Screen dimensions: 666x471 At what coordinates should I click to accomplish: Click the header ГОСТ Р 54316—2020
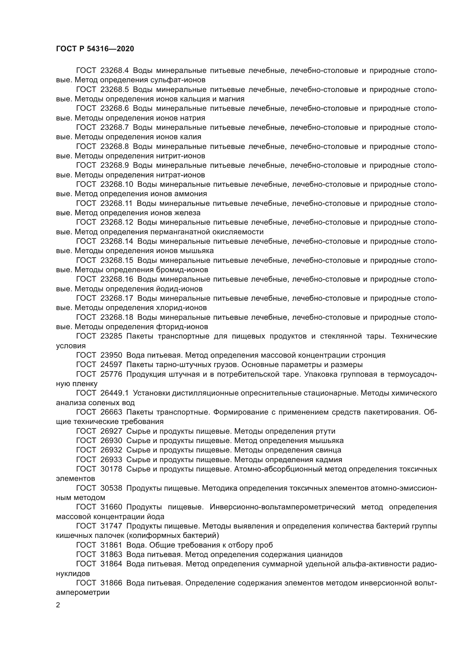(x=95, y=49)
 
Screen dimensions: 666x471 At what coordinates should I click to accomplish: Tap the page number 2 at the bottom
(x=58, y=605)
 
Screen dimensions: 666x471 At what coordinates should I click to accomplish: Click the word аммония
(x=193, y=194)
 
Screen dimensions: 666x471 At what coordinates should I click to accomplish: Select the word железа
(x=187, y=213)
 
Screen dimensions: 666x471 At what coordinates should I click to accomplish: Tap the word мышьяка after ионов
(x=197, y=251)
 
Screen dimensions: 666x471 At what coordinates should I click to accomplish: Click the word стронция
(x=368, y=355)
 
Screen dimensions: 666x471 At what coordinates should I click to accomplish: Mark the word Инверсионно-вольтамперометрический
(x=282, y=507)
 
